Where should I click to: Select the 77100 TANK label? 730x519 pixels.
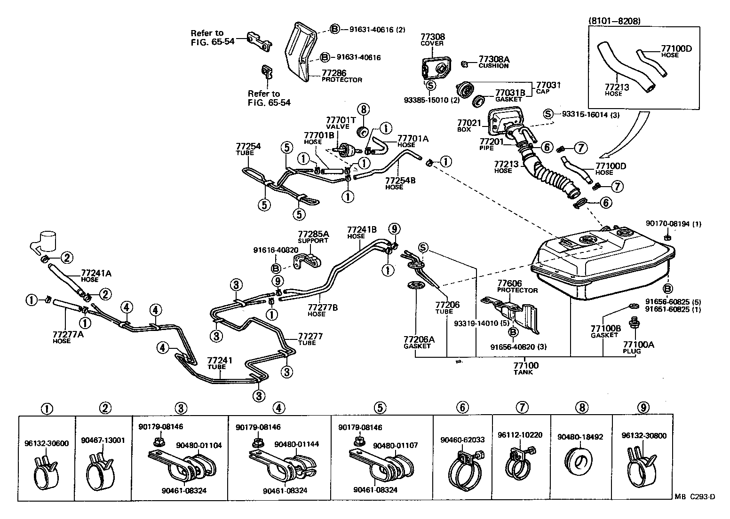pyautogui.click(x=526, y=368)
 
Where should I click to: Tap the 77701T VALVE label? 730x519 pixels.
pyautogui.click(x=338, y=124)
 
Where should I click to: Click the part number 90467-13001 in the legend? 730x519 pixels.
pyautogui.click(x=103, y=440)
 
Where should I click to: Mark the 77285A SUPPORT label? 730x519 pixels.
pyautogui.click(x=313, y=236)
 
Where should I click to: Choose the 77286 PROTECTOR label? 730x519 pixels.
pyautogui.click(x=341, y=76)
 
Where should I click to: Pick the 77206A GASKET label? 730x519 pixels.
pyautogui.click(x=417, y=342)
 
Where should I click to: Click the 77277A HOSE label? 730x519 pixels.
pyautogui.click(x=68, y=337)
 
